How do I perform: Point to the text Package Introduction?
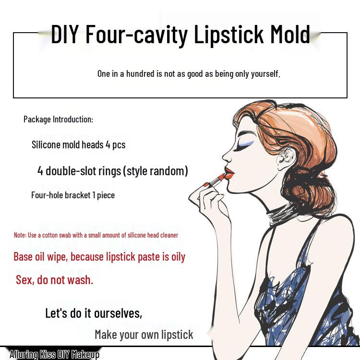coord(58,119)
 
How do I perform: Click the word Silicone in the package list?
coord(46,144)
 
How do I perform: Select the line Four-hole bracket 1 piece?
coord(73,195)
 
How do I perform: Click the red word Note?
coord(20,235)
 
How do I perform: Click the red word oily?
coord(178,257)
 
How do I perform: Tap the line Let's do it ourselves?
coord(94,313)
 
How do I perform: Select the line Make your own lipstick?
coord(144,335)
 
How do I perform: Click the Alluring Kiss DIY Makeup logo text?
coord(54,355)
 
